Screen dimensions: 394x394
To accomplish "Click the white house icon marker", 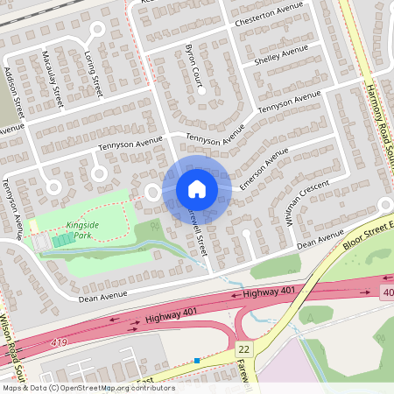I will [x=197, y=189].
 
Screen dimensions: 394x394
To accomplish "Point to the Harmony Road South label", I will [x=369, y=53].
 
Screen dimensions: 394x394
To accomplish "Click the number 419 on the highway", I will [x=59, y=341].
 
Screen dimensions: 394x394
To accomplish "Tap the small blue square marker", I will [x=198, y=360].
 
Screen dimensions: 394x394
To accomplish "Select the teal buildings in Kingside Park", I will [x=62, y=239].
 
